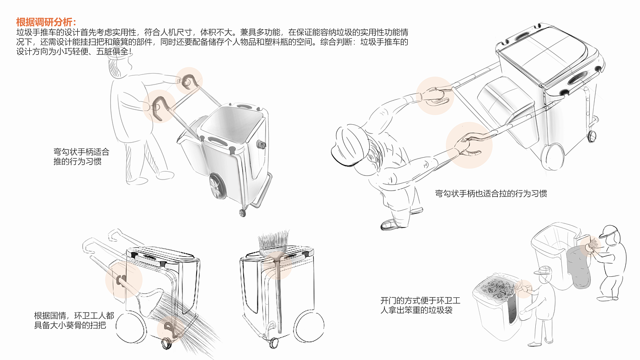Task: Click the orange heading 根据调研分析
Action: pyautogui.click(x=46, y=22)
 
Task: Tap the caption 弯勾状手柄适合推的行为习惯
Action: pyautogui.click(x=81, y=156)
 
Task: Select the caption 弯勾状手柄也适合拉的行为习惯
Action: pyautogui.click(x=491, y=193)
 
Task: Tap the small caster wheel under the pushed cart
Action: pyautogui.click(x=242, y=213)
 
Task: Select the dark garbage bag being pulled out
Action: pyautogui.click(x=579, y=267)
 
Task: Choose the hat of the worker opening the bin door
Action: pyautogui.click(x=544, y=270)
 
